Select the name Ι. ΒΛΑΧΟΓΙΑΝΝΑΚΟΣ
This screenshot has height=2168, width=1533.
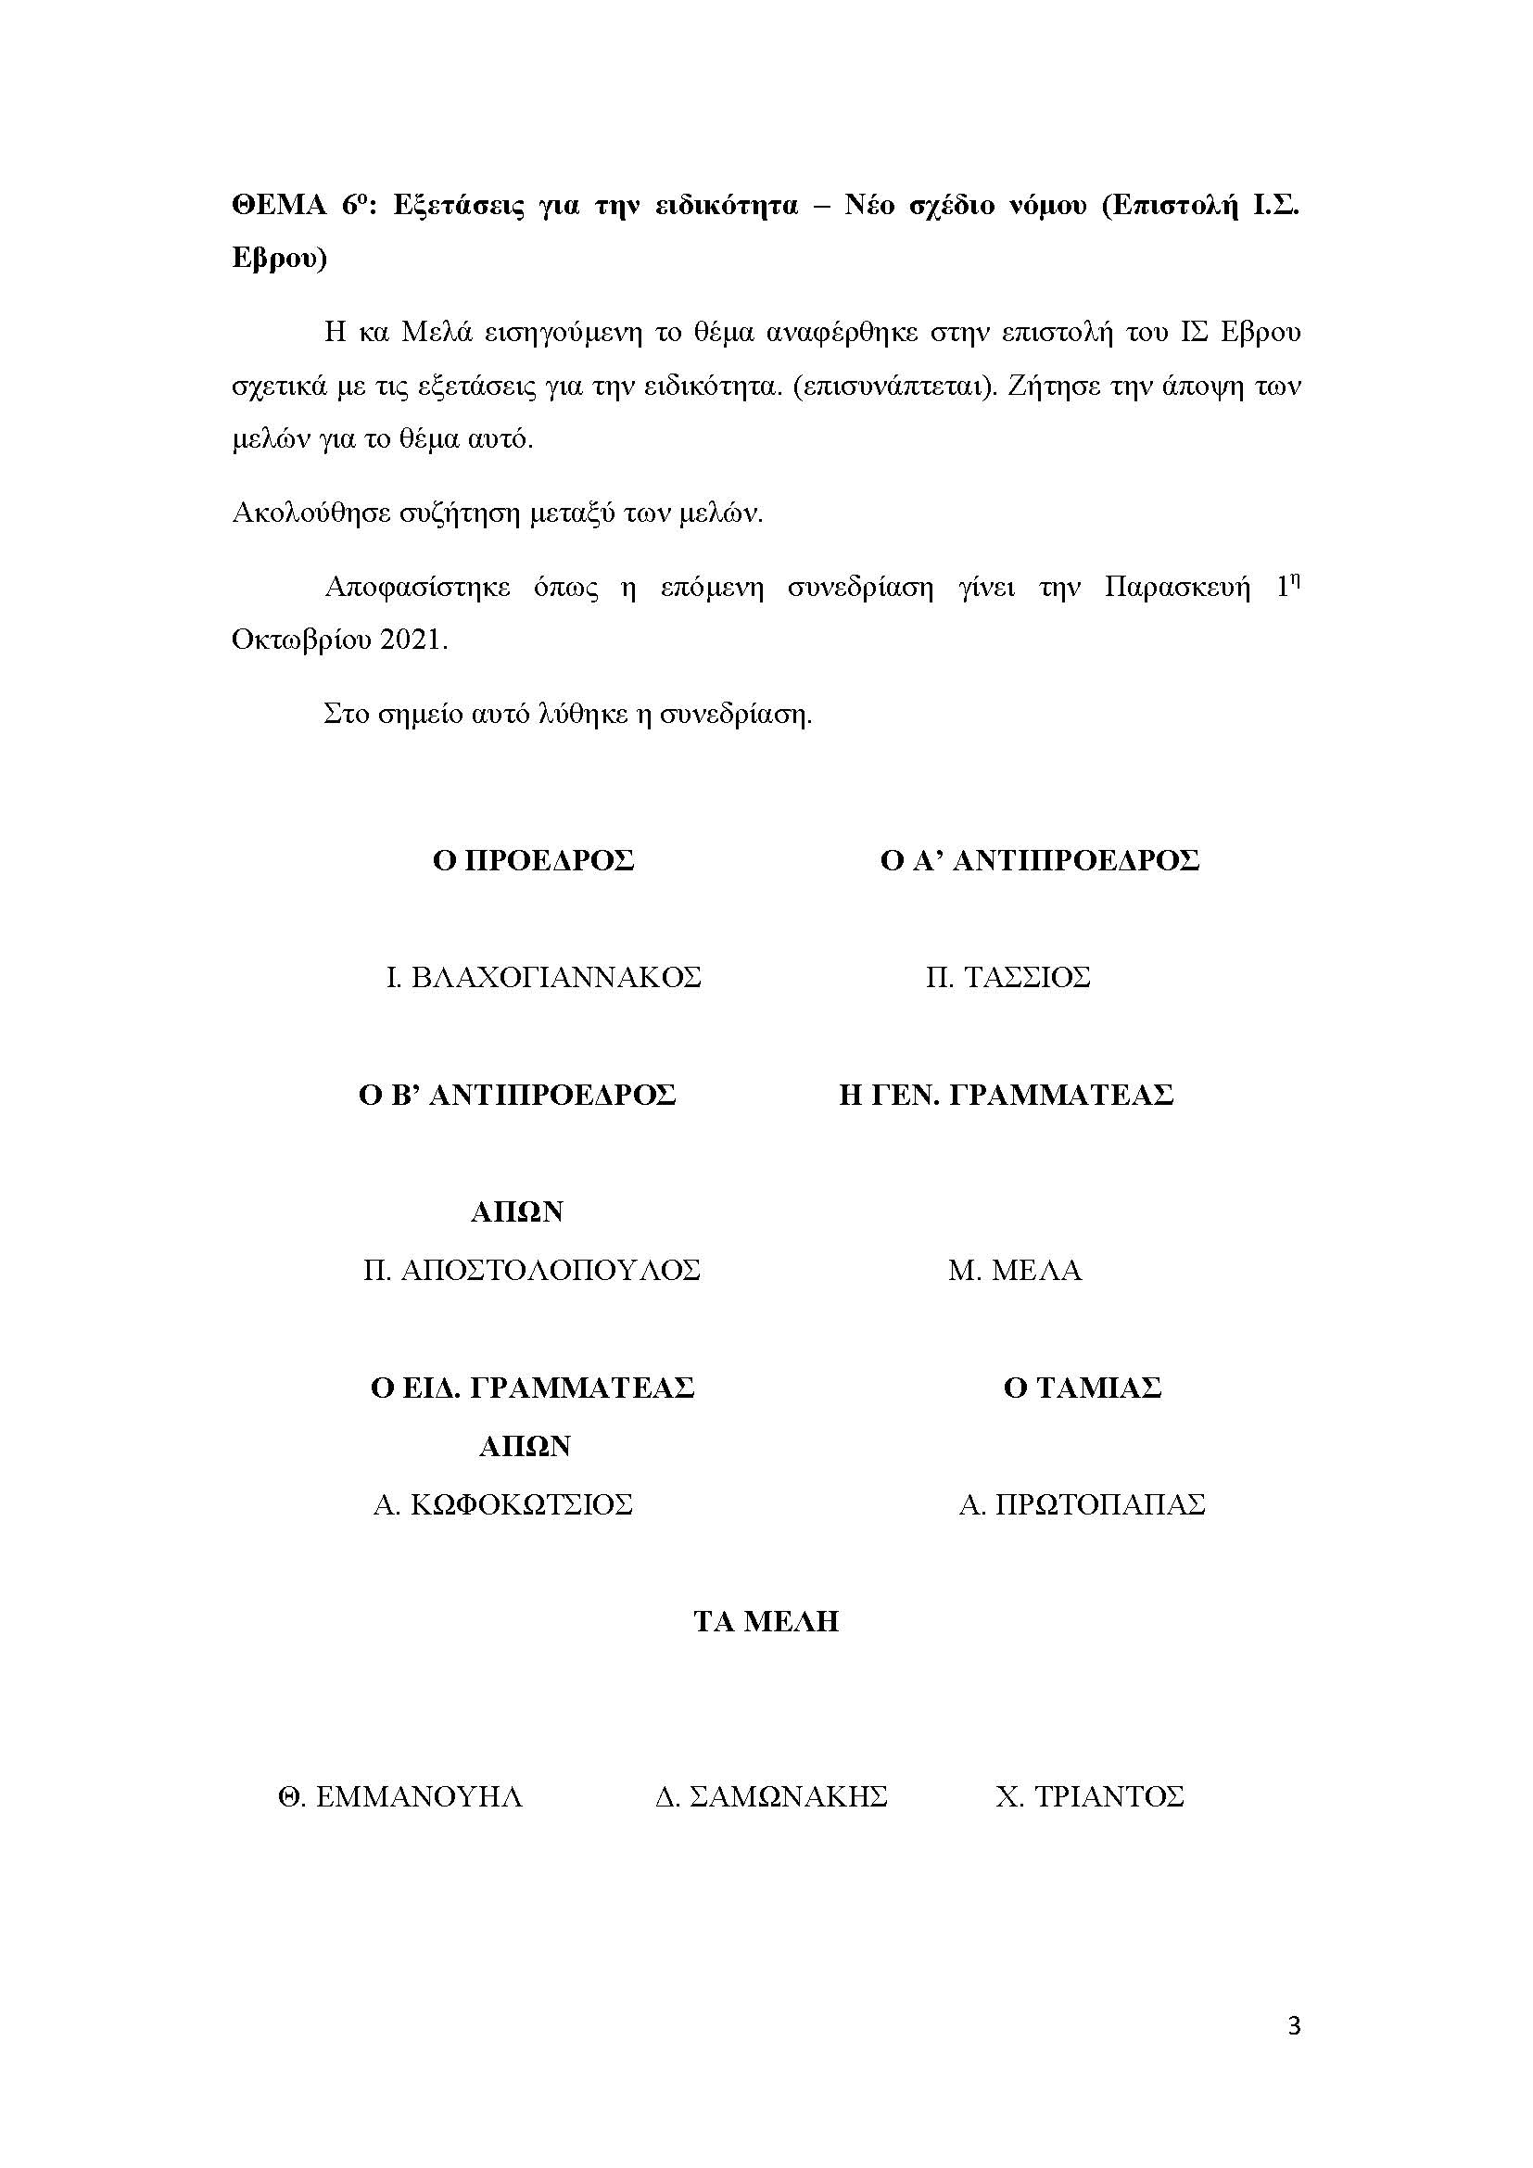(544, 976)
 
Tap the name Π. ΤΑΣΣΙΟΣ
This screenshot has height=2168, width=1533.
(1007, 976)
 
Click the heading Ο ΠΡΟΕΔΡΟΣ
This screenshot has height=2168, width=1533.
(533, 860)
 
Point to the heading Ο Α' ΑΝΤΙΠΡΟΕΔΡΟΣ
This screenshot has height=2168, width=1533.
(1039, 860)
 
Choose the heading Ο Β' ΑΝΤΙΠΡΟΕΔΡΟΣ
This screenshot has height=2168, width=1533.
(517, 1095)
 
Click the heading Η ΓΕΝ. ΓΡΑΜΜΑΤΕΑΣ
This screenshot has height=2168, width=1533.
(1007, 1095)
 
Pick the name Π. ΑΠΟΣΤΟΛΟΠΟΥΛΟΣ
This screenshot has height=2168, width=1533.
(531, 1270)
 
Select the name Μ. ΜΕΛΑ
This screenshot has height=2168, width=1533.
(1015, 1270)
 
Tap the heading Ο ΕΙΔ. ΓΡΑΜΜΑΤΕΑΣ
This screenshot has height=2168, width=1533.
(532, 1388)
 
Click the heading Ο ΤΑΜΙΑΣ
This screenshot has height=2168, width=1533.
(1082, 1388)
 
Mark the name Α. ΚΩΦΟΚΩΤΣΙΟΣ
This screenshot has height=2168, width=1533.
(502, 1504)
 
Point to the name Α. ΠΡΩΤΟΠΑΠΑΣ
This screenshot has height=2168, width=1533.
(1082, 1504)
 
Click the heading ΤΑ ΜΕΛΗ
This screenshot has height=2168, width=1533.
(766, 1621)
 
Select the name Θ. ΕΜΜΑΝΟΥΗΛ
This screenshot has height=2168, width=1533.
(400, 1796)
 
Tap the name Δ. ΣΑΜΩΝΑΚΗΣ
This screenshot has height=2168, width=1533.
(771, 1796)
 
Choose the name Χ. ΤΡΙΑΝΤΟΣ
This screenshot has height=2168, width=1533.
(1089, 1796)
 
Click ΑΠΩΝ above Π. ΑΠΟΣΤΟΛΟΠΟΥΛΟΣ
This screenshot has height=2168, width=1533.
(516, 1211)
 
